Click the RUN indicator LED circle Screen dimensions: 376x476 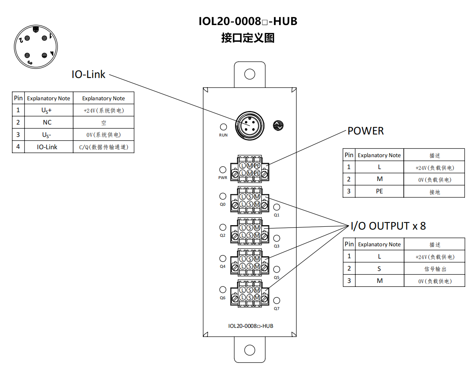pyautogui.click(x=224, y=127)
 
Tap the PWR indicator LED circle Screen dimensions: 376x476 pyautogui.click(x=223, y=170)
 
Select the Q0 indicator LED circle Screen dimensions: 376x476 pyautogui.click(x=223, y=196)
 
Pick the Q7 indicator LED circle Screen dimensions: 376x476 pyautogui.click(x=277, y=301)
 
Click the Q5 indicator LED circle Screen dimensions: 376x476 pyautogui.click(x=277, y=269)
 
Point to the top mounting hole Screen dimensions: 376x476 pyautogui.click(x=250, y=74)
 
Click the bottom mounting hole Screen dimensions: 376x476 pyautogui.click(x=250, y=350)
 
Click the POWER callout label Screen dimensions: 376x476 pyautogui.click(x=366, y=131)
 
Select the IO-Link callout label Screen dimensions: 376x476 pyautogui.click(x=89, y=74)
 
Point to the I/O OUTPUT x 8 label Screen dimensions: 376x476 pyautogui.click(x=388, y=226)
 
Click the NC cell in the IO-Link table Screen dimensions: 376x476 pyautogui.click(x=48, y=123)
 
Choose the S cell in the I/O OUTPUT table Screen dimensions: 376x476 pyautogui.click(x=380, y=269)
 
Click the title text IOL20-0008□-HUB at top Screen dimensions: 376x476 pyautogui.click(x=248, y=21)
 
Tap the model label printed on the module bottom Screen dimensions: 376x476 pyautogui.click(x=251, y=326)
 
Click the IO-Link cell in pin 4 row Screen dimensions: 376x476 pyautogui.click(x=48, y=147)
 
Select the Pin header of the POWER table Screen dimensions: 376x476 pyautogui.click(x=349, y=155)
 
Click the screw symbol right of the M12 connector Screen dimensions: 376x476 pyautogui.click(x=278, y=126)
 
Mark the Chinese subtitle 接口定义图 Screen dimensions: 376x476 pyautogui.click(x=248, y=38)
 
